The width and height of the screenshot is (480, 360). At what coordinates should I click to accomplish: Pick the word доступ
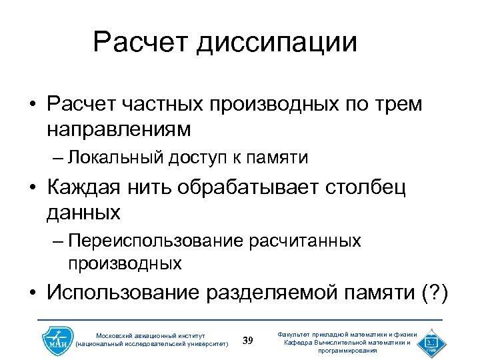[x=197, y=158]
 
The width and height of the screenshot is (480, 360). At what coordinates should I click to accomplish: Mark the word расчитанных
[x=305, y=241]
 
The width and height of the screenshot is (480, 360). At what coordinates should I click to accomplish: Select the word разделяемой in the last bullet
[x=270, y=293]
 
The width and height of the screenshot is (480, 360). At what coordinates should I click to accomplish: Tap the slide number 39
[x=248, y=341]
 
